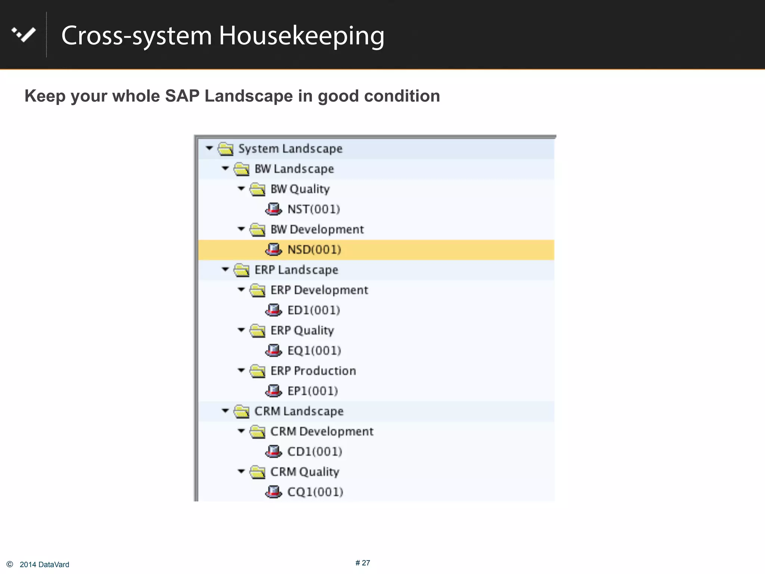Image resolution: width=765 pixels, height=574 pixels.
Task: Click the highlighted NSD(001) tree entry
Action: [x=314, y=250]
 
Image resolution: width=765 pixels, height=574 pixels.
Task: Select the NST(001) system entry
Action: [x=313, y=209]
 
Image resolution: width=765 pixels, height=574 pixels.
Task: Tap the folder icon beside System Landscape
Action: [x=226, y=149]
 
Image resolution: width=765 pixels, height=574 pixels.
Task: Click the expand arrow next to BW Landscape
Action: [x=225, y=169]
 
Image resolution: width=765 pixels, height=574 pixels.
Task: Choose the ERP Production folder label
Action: [x=313, y=371]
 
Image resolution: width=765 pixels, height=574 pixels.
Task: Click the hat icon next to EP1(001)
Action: [x=273, y=391]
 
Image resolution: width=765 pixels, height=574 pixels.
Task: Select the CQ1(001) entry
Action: [x=315, y=492]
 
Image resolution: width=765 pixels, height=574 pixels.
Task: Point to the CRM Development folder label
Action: [x=322, y=431]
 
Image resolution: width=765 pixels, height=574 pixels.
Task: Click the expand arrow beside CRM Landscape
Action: [x=225, y=411]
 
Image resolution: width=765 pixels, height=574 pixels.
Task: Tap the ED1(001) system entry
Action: [x=313, y=310]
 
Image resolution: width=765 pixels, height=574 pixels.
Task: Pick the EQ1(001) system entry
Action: [x=314, y=351]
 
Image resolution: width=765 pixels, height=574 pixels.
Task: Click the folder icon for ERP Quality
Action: [x=258, y=330]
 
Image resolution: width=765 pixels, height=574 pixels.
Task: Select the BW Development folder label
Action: [x=317, y=229]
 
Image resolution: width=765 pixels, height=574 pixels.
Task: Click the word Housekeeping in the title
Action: [x=301, y=36]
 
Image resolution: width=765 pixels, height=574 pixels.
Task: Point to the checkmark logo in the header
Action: [x=24, y=35]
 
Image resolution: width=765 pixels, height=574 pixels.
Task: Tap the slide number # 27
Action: [x=363, y=563]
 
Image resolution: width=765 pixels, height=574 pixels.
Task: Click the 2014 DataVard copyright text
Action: [x=44, y=565]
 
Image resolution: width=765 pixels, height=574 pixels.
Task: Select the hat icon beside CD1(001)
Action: [x=273, y=451]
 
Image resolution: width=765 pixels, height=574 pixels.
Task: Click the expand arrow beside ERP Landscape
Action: [x=225, y=269]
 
